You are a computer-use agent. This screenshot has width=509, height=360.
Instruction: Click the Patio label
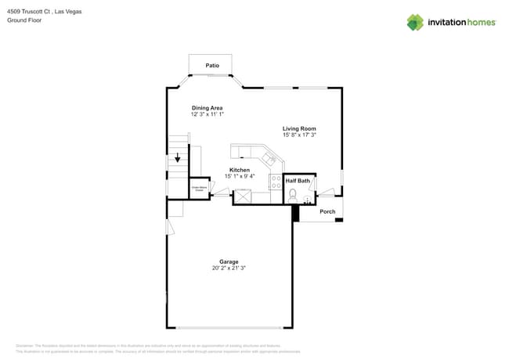(x=211, y=66)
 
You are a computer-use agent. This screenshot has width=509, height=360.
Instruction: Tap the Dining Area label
(x=208, y=107)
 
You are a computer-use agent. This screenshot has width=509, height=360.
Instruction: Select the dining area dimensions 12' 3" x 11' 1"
(x=208, y=114)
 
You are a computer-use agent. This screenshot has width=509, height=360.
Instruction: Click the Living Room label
(x=299, y=128)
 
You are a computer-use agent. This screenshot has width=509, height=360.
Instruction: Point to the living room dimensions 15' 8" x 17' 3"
(x=299, y=135)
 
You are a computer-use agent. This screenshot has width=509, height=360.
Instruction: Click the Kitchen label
(x=240, y=170)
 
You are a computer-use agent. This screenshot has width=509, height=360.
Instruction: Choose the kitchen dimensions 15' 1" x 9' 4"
(x=240, y=176)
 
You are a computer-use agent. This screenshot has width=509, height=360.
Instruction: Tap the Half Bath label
(x=297, y=181)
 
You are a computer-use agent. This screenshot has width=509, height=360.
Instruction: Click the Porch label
(x=327, y=211)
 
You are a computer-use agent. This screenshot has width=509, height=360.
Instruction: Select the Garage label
(x=229, y=261)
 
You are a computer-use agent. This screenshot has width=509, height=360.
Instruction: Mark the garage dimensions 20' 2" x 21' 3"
(x=229, y=268)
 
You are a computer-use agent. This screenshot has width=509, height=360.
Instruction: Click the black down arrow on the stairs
(x=178, y=158)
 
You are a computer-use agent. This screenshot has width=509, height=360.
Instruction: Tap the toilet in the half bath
(x=293, y=195)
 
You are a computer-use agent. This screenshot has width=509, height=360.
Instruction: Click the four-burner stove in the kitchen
(x=276, y=182)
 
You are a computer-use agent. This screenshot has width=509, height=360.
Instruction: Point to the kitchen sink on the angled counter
(x=269, y=160)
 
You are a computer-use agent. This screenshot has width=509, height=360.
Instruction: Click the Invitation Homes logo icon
(x=414, y=22)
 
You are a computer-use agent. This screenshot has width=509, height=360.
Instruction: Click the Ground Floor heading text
(x=24, y=20)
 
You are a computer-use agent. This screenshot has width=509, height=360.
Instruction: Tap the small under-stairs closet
(x=200, y=189)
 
